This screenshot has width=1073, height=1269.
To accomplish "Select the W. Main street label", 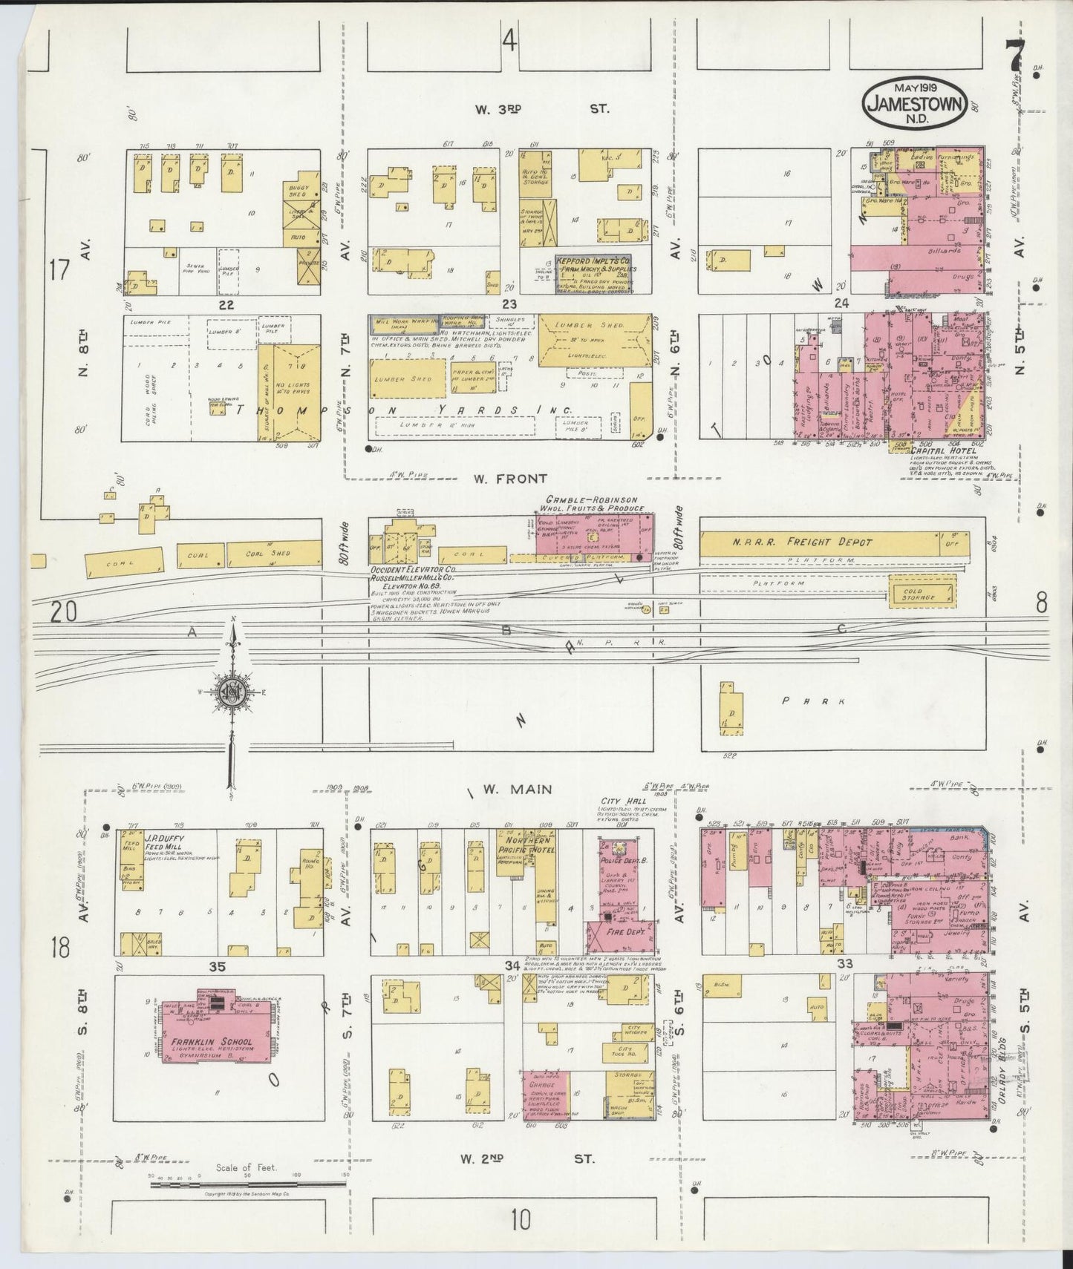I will (515, 789).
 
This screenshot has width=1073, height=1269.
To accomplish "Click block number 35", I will (217, 965).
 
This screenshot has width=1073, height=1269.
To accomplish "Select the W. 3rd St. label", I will (542, 109).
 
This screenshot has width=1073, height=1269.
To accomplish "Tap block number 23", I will (509, 304).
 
